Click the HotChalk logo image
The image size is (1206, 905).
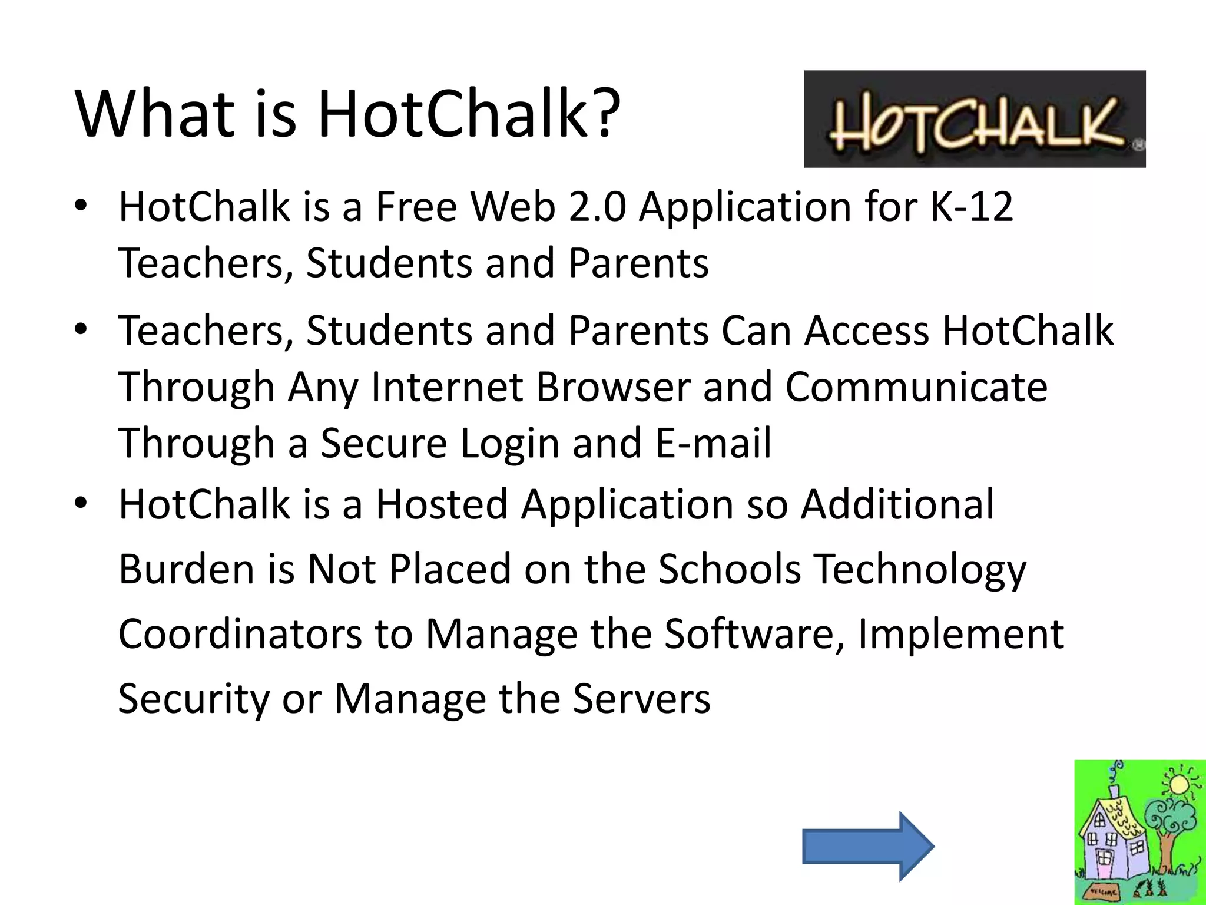click(x=974, y=119)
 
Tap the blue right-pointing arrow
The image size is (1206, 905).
click(x=868, y=846)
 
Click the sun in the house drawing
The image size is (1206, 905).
click(x=1178, y=784)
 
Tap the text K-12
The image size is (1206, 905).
click(x=972, y=207)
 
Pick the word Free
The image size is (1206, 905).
click(x=416, y=207)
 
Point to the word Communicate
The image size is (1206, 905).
click(x=916, y=387)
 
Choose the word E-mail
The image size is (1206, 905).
click(x=713, y=443)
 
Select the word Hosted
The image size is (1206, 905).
click(x=442, y=504)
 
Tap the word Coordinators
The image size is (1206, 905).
click(x=240, y=634)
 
